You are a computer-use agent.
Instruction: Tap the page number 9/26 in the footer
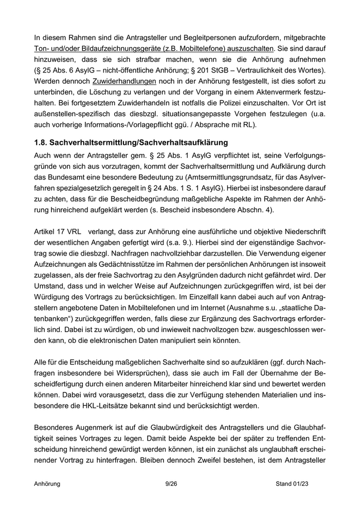point(179,484)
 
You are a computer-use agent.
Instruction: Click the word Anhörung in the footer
point(47,484)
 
